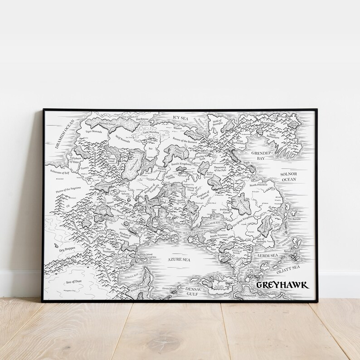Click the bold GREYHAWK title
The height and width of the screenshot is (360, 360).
[x=282, y=285]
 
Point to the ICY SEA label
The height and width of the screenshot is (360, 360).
[x=180, y=118]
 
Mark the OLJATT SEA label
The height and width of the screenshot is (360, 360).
[x=288, y=268]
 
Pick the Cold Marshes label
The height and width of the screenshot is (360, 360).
[x=151, y=127]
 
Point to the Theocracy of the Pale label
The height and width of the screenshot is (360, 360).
[x=223, y=169]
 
